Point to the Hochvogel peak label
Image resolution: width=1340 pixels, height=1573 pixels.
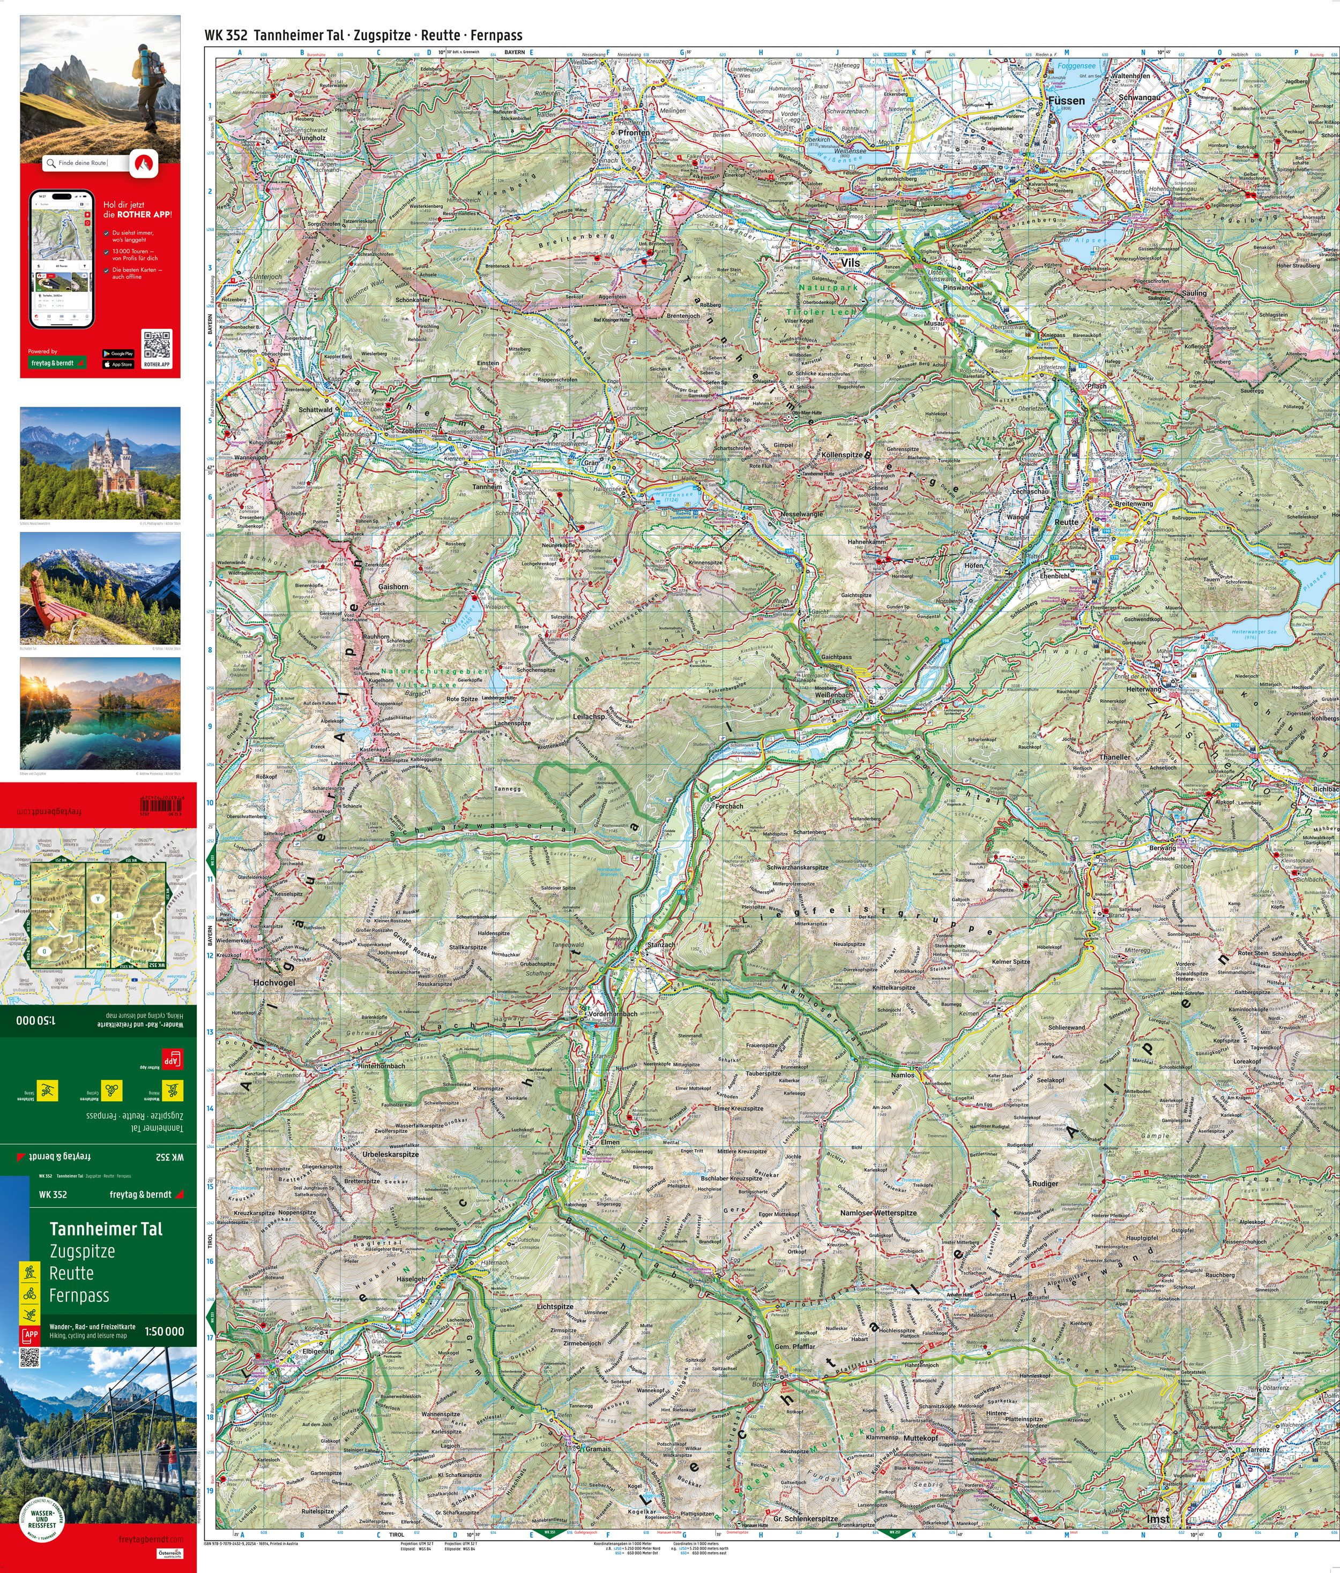tap(273, 982)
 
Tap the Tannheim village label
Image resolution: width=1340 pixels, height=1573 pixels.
tap(487, 487)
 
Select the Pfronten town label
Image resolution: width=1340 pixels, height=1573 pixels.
tap(634, 133)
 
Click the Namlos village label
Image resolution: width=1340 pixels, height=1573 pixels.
tap(903, 1075)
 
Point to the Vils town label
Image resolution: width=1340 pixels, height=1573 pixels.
tap(850, 262)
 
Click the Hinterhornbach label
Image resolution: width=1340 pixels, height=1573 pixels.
tap(381, 1066)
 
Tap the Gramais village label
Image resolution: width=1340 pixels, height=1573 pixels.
tap(598, 1449)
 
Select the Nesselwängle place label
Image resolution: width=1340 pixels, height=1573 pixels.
tap(801, 515)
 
